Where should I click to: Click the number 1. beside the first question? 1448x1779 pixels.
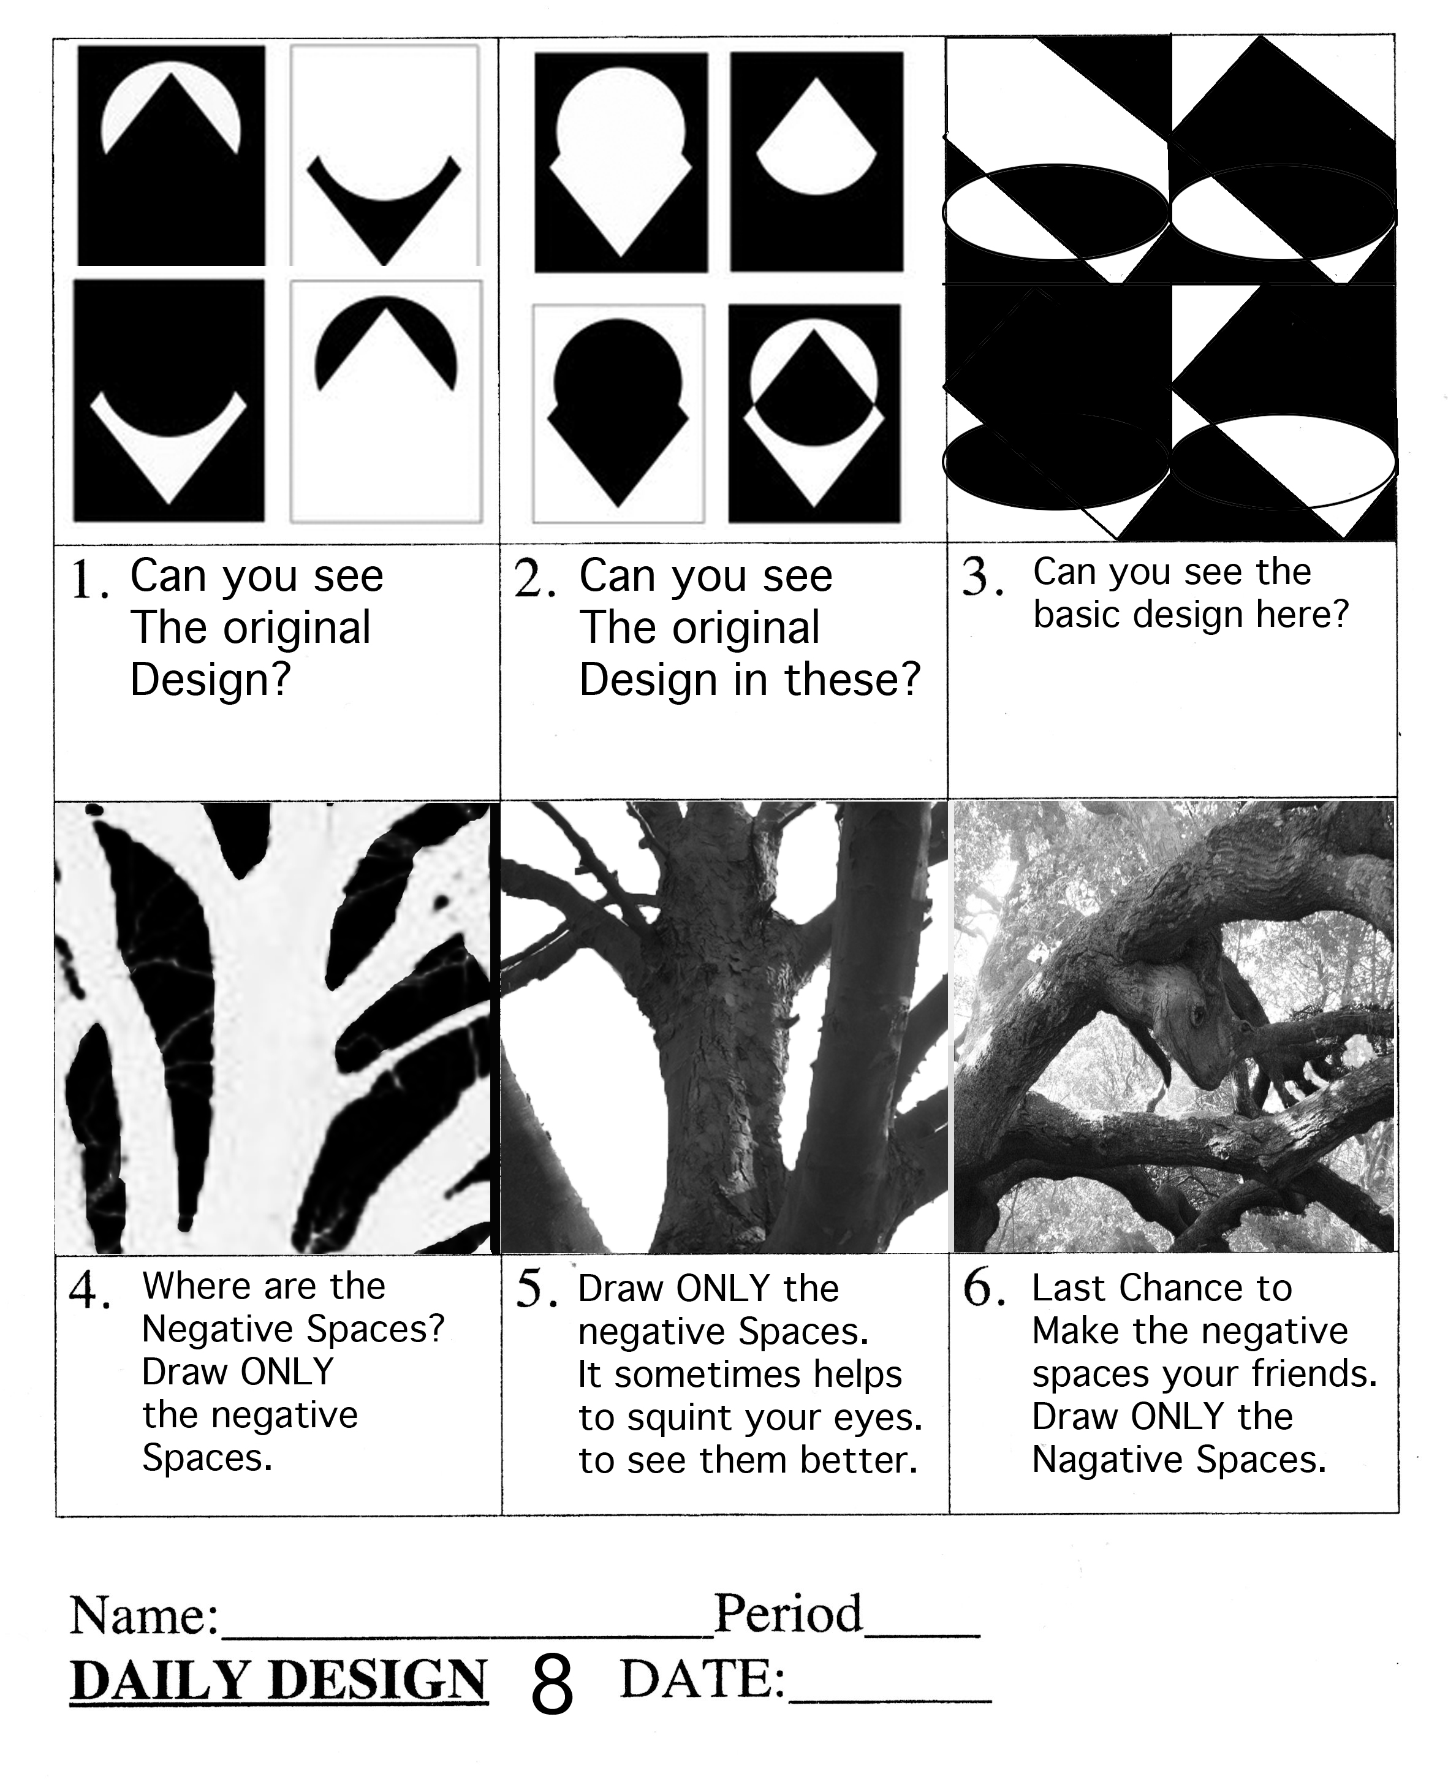tap(90, 579)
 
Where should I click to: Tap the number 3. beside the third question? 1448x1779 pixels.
tap(982, 577)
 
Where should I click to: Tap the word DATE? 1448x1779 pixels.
tap(703, 1678)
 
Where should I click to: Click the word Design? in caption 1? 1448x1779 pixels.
tap(210, 679)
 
